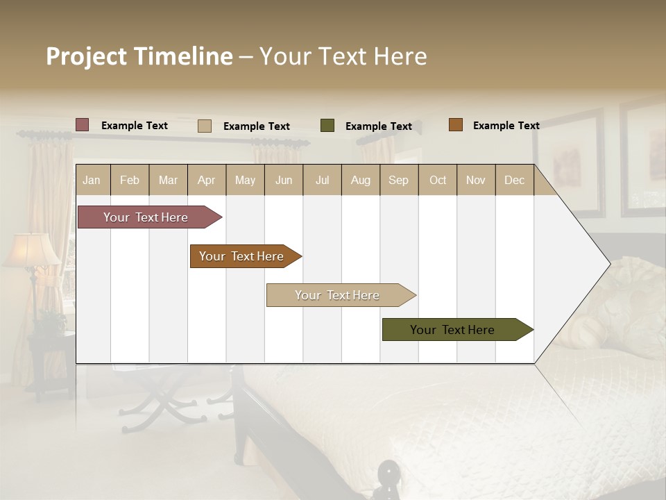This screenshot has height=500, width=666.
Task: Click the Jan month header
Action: pyautogui.click(x=92, y=180)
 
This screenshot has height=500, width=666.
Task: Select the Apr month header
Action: pyautogui.click(x=207, y=180)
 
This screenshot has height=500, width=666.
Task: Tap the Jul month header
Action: pyautogui.click(x=322, y=180)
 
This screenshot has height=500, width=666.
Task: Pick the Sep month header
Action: pyautogui.click(x=399, y=180)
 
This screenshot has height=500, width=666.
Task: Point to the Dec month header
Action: pyautogui.click(x=514, y=180)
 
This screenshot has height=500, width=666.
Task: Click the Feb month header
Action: pyautogui.click(x=130, y=180)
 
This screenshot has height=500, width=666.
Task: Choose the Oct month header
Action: pyautogui.click(x=438, y=180)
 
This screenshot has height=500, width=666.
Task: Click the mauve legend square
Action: pyautogui.click(x=83, y=125)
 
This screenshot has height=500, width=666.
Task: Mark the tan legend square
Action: pyautogui.click(x=205, y=126)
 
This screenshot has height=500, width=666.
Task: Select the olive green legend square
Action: pyautogui.click(x=327, y=126)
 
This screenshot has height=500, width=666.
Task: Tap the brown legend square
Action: pyautogui.click(x=455, y=125)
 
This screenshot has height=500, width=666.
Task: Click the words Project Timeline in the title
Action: pyautogui.click(x=139, y=56)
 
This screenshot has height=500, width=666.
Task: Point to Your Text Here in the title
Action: pyautogui.click(x=343, y=56)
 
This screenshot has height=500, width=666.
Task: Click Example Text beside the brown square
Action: pyautogui.click(x=506, y=126)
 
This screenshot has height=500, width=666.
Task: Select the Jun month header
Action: pyautogui.click(x=284, y=180)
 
